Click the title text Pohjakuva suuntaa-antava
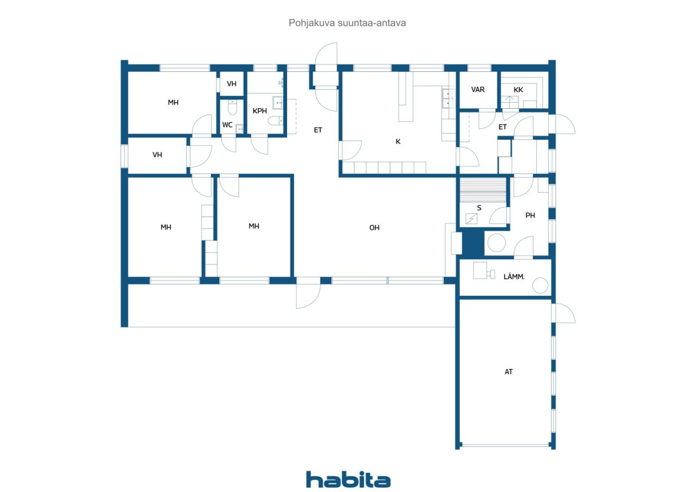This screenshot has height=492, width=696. (x=347, y=23)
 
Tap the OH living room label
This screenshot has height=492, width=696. (x=374, y=228)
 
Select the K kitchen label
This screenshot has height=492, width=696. (x=398, y=142)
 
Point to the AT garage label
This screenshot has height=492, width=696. (x=508, y=372)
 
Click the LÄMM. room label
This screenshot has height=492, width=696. (x=514, y=277)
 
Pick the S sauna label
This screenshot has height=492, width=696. (x=479, y=208)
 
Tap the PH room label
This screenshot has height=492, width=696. (x=530, y=215)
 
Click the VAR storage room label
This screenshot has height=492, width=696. (x=478, y=90)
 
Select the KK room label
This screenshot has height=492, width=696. (x=518, y=90)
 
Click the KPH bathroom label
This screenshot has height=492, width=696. (x=260, y=111)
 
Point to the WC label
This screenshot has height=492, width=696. (x=227, y=125)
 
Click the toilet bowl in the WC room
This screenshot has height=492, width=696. (x=232, y=108)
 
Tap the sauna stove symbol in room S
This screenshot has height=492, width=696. (x=471, y=219)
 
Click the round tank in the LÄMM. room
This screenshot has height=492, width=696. (x=540, y=285)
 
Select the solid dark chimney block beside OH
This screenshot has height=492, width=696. (x=473, y=243)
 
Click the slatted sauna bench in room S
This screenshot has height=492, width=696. (x=483, y=190)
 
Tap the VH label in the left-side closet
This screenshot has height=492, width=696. (x=157, y=155)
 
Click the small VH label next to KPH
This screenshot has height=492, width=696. (x=232, y=84)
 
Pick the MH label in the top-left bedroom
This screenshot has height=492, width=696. (x=173, y=103)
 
